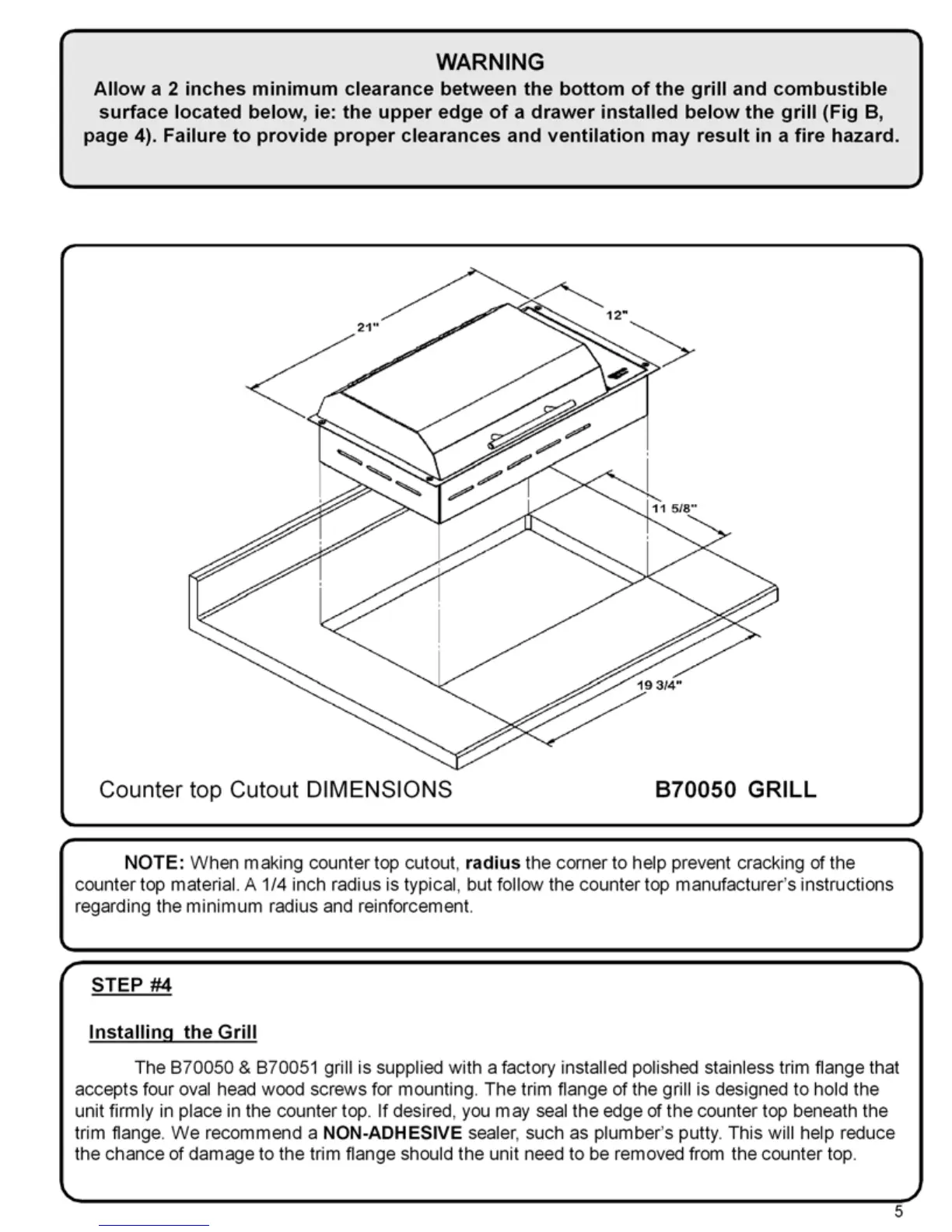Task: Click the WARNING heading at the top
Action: click(490, 61)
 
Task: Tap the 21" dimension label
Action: click(367, 327)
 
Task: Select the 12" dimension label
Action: click(617, 316)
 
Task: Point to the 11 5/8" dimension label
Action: click(674, 509)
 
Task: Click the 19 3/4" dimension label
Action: click(660, 685)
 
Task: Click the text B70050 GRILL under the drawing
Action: click(735, 789)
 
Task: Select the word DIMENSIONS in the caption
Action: click(379, 789)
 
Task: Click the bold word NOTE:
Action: click(154, 863)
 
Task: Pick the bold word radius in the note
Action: click(492, 863)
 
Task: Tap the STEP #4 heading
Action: click(131, 985)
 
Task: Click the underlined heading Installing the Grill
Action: click(173, 1032)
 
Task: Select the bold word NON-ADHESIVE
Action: click(392, 1132)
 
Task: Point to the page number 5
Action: click(898, 1211)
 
